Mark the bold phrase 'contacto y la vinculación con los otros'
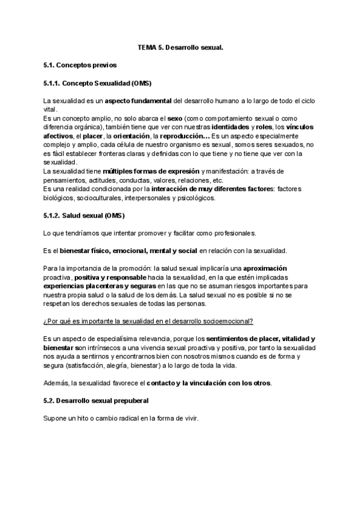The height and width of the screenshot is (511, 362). (x=211, y=383)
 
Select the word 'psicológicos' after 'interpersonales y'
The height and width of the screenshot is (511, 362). (x=194, y=198)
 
